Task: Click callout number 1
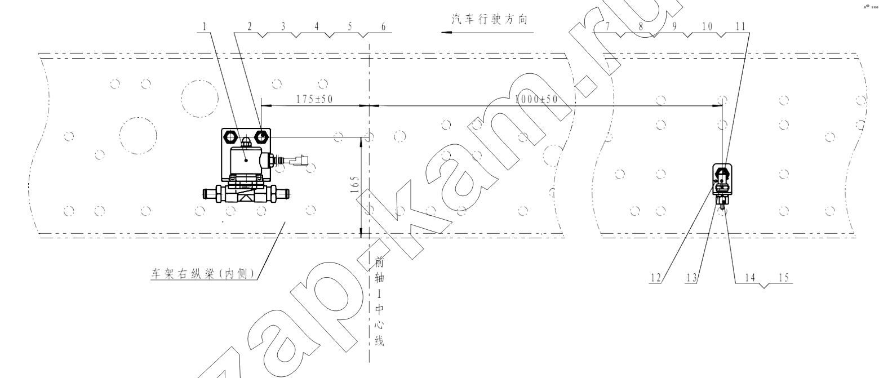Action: (204, 26)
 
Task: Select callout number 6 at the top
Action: (383, 26)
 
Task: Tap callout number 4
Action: (317, 26)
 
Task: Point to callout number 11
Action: (740, 26)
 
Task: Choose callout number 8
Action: (641, 26)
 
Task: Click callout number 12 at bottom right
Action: (656, 278)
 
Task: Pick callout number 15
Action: (783, 278)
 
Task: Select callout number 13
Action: (691, 278)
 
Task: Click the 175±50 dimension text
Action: (314, 99)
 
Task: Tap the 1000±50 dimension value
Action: (536, 99)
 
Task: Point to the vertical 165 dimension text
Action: (354, 184)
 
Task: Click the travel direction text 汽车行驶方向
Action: (489, 19)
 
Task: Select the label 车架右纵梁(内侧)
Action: (202, 273)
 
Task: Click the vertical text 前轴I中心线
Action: (379, 301)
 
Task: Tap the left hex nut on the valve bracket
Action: (229, 137)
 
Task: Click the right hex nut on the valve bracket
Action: (261, 137)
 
